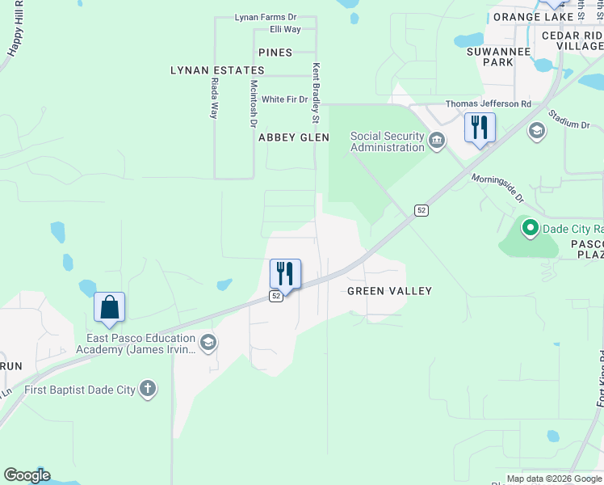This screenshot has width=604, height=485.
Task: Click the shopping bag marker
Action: pos(109,309)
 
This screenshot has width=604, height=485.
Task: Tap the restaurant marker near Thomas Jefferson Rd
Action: pos(480,128)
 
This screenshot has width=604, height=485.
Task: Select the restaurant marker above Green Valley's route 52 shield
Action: pos(285,274)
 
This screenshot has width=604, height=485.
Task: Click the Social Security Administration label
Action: pos(387,141)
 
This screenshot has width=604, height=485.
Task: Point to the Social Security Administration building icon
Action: pos(437,141)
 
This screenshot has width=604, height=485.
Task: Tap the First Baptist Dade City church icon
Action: pos(147,389)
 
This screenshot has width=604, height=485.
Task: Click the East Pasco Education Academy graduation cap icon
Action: pos(208,344)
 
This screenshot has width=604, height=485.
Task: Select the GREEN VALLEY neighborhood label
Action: pos(389,291)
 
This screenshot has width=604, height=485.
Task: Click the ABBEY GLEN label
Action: pos(294,137)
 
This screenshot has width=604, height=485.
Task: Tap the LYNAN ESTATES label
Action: pos(217,70)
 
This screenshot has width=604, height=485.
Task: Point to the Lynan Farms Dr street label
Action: pos(266,17)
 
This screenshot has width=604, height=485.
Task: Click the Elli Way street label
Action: pos(286,29)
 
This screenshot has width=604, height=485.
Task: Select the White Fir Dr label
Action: pos(285,99)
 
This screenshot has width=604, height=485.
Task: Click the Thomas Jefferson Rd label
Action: pos(489,104)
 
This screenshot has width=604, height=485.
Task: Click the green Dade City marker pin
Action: pos(531,229)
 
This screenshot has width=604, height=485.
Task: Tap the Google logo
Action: pos(27,475)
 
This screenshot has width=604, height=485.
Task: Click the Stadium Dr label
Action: pos(569,120)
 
